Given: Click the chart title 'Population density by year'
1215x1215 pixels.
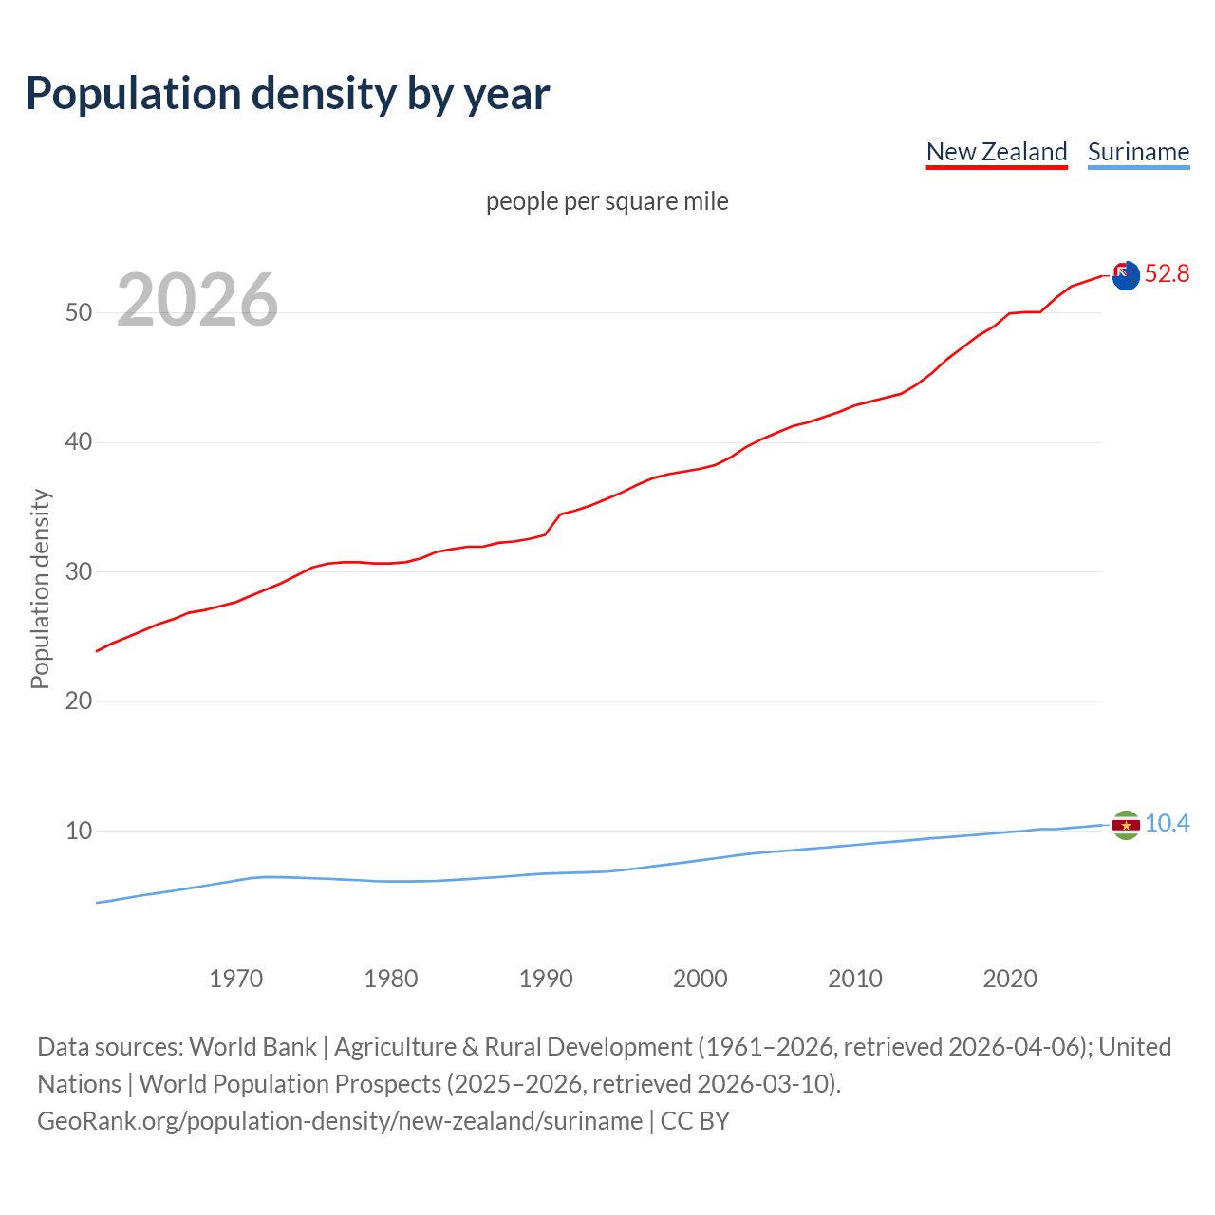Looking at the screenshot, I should click(288, 93).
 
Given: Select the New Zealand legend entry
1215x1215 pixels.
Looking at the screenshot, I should click(997, 152).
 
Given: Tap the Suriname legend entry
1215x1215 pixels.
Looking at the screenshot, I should click(1138, 152).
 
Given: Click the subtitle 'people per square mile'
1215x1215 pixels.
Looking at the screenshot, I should click(607, 201).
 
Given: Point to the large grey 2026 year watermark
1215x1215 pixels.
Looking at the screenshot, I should click(197, 300).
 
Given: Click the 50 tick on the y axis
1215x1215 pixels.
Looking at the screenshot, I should click(79, 312).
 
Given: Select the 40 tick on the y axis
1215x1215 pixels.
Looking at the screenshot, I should click(79, 442).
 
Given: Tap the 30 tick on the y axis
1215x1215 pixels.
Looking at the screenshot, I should click(79, 571).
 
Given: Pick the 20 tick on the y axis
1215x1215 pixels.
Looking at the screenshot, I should click(79, 701).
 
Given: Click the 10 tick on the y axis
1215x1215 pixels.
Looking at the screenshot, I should click(79, 831).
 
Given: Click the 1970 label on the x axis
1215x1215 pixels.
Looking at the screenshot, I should click(236, 979).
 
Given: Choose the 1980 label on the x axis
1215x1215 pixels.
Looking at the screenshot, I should click(391, 979).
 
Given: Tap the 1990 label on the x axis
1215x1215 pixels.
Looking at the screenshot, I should click(546, 979).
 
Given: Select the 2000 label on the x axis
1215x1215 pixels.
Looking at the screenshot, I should click(701, 979).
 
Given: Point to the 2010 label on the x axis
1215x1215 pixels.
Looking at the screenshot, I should click(855, 979).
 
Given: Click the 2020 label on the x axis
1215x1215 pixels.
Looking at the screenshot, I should click(1010, 979).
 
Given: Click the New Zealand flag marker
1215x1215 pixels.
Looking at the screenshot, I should click(1126, 275).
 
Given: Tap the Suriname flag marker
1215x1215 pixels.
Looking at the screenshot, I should click(1126, 825).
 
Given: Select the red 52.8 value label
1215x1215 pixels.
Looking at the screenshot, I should click(1167, 274).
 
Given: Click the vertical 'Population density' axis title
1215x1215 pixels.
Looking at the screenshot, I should click(40, 589).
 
